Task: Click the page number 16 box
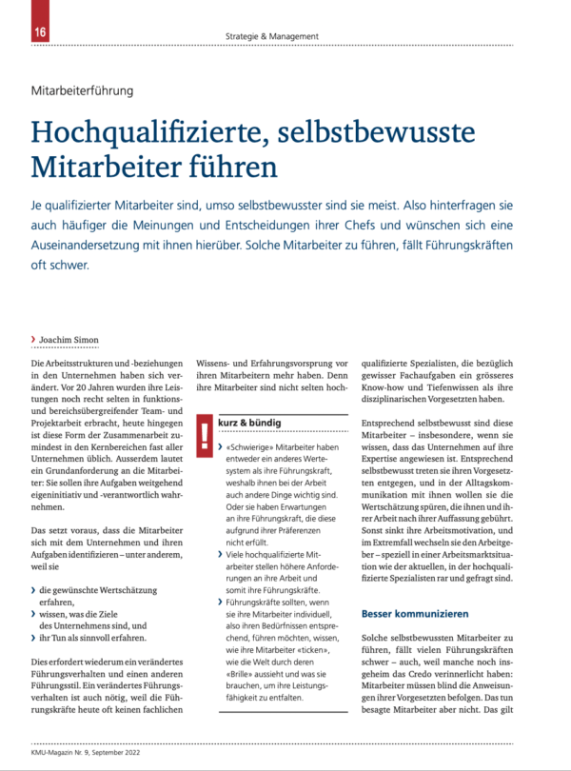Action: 15,31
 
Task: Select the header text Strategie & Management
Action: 272,36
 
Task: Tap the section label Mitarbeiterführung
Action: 83,91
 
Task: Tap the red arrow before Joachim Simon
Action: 33,340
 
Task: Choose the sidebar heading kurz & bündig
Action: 250,421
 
